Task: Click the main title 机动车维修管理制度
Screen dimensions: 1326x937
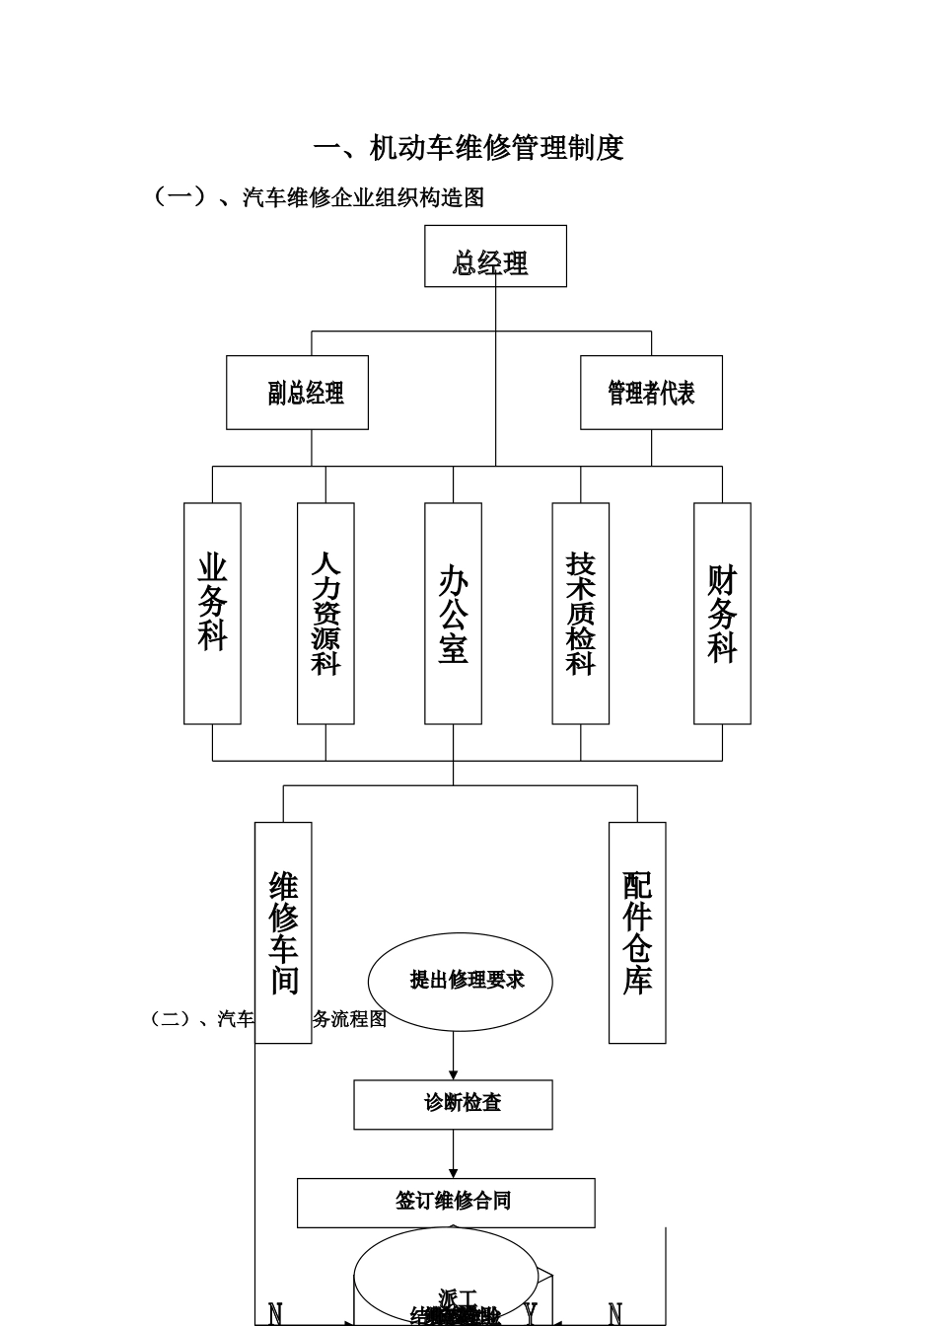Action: click(x=468, y=148)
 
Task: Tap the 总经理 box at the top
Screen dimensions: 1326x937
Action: click(x=495, y=257)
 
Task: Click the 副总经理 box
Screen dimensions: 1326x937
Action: click(x=297, y=393)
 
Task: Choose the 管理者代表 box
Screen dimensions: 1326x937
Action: click(x=651, y=393)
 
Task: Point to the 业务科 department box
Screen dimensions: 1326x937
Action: click(x=212, y=613)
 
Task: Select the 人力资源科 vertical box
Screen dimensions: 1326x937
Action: click(x=325, y=613)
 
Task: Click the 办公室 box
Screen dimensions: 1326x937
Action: click(x=453, y=613)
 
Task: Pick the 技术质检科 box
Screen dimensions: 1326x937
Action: click(x=580, y=613)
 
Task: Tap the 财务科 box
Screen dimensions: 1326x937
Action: click(x=722, y=613)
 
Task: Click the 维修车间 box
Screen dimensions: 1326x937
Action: click(x=283, y=931)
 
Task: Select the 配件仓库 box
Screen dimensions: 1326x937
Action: click(x=637, y=931)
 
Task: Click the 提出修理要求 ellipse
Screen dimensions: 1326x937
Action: click(x=461, y=981)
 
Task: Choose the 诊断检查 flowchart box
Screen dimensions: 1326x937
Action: click(x=453, y=1104)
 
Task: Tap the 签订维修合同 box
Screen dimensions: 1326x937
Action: click(x=446, y=1202)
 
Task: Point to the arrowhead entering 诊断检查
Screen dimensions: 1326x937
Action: click(x=454, y=1074)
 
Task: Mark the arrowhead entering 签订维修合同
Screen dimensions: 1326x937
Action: click(x=454, y=1173)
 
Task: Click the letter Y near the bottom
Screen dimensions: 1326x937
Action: click(x=531, y=1313)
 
